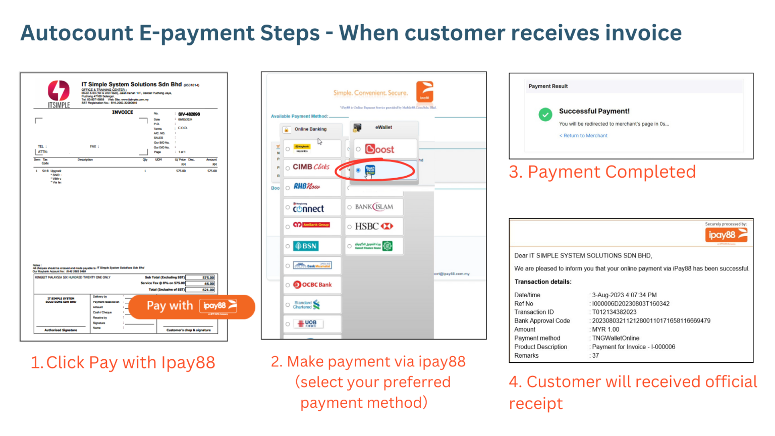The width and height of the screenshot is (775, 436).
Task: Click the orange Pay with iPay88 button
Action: tap(191, 306)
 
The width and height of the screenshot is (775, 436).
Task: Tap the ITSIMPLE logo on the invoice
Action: tap(59, 94)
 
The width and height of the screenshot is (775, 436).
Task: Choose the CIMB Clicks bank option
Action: tap(311, 167)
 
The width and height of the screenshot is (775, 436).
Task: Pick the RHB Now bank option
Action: tap(307, 187)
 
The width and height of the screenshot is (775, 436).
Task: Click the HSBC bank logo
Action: tap(374, 227)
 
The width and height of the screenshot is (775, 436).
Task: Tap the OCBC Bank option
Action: tap(312, 285)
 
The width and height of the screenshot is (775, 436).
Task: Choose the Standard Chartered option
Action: tap(307, 305)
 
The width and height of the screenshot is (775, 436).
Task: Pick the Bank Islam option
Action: tap(374, 207)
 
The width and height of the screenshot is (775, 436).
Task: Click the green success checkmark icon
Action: tap(545, 115)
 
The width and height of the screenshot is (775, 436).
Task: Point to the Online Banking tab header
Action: tap(310, 129)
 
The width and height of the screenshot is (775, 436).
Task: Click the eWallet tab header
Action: tap(383, 128)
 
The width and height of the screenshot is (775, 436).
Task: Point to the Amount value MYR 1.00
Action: tap(605, 330)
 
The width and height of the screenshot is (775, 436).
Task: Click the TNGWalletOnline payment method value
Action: tap(616, 338)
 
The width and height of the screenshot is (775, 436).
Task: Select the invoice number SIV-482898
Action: tap(189, 114)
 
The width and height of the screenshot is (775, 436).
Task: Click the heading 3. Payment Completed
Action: tap(602, 172)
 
